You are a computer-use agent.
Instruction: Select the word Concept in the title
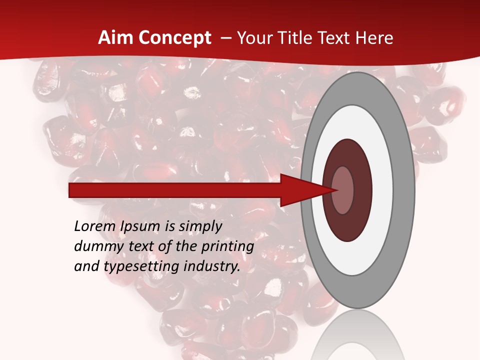[x=174, y=38]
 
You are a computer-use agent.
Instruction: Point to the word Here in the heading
[x=374, y=38]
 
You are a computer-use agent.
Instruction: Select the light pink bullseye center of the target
[x=343, y=190]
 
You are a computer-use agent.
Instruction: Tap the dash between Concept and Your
[x=225, y=38]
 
